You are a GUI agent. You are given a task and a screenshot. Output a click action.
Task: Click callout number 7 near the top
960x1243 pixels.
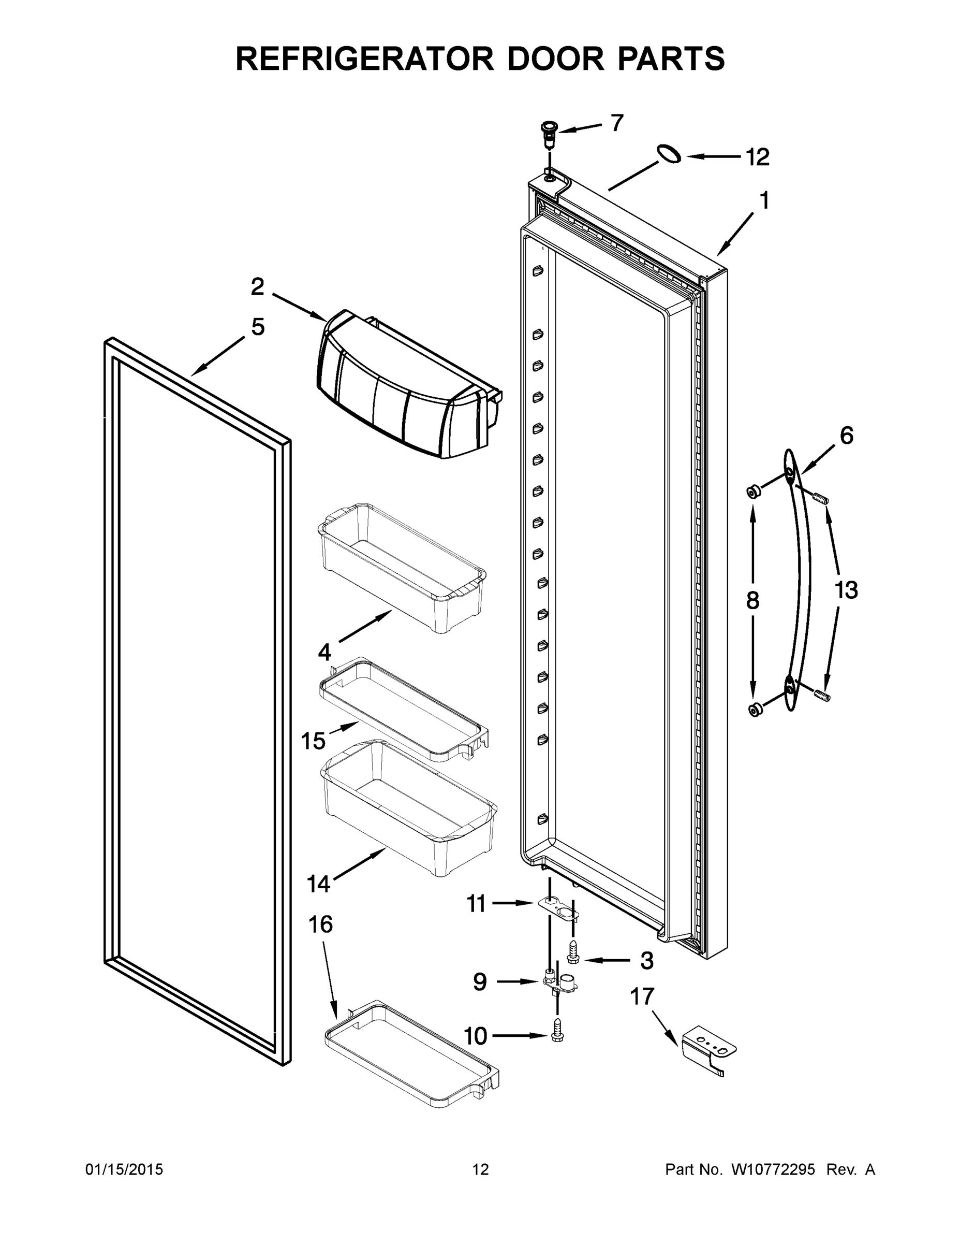(617, 123)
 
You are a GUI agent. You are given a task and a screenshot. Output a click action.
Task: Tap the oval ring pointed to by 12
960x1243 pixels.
(669, 154)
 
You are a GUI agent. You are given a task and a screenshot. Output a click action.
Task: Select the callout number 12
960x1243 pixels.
(758, 157)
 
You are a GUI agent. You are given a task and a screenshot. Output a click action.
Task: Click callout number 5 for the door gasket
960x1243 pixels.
(258, 327)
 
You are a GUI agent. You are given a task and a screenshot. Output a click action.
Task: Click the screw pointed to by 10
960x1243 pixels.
(557, 1036)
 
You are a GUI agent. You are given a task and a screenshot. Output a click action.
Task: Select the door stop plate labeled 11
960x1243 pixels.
(558, 906)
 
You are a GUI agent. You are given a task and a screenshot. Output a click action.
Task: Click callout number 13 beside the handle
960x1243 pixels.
(846, 590)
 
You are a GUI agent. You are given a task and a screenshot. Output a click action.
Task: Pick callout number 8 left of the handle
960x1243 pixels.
(752, 600)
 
